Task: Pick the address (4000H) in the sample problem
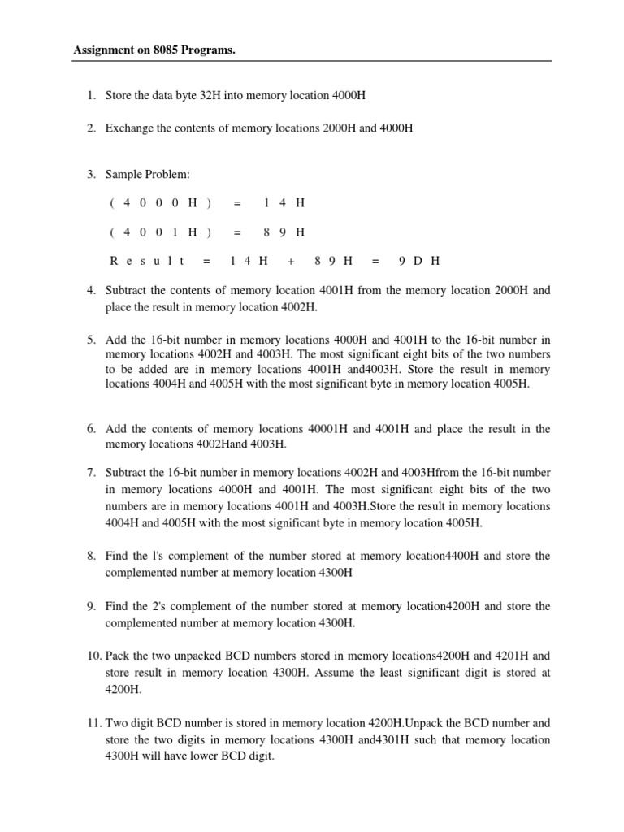(x=160, y=202)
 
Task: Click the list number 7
(x=91, y=472)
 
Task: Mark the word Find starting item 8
(x=118, y=556)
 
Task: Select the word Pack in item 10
(x=118, y=656)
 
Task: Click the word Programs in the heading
(x=214, y=50)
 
